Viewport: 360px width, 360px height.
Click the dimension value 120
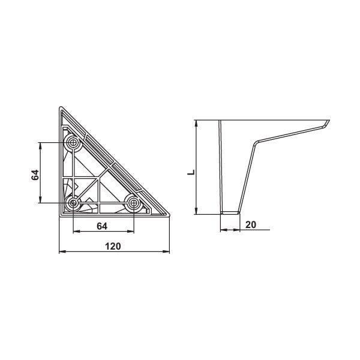[113, 246]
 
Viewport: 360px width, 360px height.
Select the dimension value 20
[251, 224]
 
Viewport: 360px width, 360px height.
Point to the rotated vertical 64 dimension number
[35, 174]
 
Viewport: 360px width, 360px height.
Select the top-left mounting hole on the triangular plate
[73, 143]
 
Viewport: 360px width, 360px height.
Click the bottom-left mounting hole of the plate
[73, 203]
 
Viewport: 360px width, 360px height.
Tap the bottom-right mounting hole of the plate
[134, 203]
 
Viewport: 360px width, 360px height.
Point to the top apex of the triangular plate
[60, 108]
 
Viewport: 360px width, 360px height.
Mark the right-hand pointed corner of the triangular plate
[169, 216]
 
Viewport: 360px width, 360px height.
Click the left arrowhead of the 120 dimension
[61, 252]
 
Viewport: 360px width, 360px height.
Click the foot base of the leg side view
[229, 212]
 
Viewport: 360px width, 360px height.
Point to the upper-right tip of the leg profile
[329, 121]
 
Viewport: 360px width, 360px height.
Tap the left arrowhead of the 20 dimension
[221, 230]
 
